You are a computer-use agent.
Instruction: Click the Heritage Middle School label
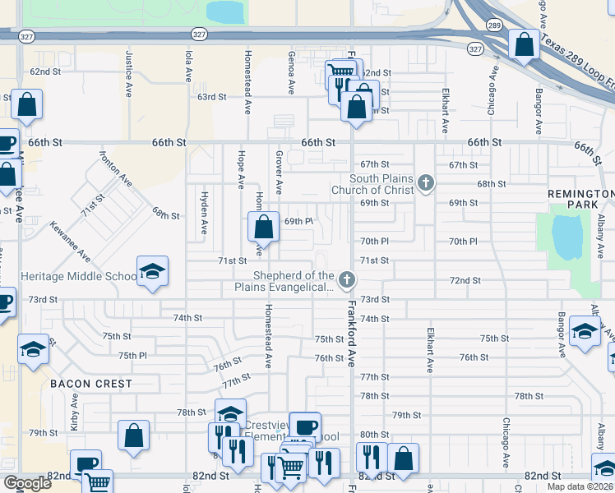(x=78, y=277)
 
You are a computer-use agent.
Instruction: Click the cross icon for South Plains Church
(x=425, y=183)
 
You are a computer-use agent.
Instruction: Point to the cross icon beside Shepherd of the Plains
(x=347, y=281)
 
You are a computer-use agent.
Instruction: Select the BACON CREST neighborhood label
(x=90, y=384)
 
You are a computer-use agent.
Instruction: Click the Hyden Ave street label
(x=203, y=213)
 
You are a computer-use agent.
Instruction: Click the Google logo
(x=27, y=483)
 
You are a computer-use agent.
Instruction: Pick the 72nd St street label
(x=465, y=280)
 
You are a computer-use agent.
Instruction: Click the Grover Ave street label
(x=279, y=172)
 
